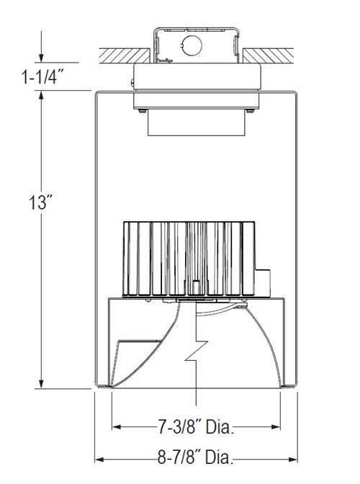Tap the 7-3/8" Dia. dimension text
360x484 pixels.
[197, 428]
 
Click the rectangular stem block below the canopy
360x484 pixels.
[197, 124]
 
